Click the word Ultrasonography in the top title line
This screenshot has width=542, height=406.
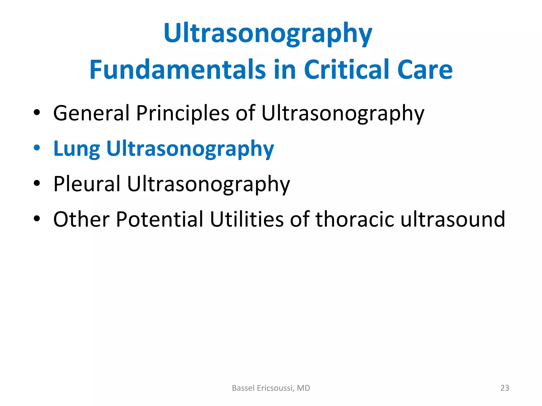pos(268,34)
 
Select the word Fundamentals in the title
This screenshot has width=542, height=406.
pos(177,70)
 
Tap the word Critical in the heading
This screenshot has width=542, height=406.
pos(346,70)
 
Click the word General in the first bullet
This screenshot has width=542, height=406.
pos(91,113)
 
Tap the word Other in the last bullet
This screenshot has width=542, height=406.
pos(81,219)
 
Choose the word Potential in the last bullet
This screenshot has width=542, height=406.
pos(160,219)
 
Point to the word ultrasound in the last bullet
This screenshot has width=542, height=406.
pos(453,219)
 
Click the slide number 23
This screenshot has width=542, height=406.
pos(505,388)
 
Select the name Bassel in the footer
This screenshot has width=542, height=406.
pos(241,388)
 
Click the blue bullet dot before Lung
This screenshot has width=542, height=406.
pos(37,148)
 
